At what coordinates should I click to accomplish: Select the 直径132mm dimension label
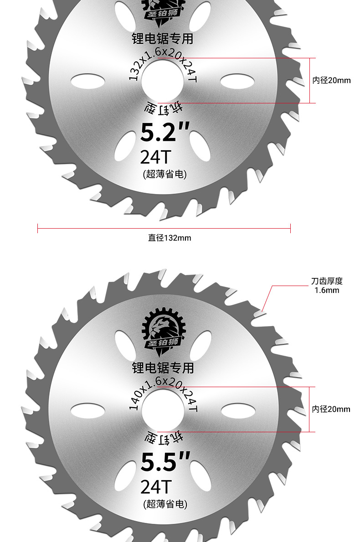click(x=170, y=238)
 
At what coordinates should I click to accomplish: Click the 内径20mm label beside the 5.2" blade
click(x=331, y=81)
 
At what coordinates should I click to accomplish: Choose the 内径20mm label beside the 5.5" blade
click(x=331, y=409)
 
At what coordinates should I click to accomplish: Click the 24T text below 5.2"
click(x=155, y=158)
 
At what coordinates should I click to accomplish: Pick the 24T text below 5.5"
click(x=155, y=487)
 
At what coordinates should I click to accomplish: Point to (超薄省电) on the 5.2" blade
click(x=165, y=174)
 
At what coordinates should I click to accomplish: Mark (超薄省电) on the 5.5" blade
click(x=165, y=504)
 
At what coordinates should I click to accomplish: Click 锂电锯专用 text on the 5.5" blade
click(x=163, y=368)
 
